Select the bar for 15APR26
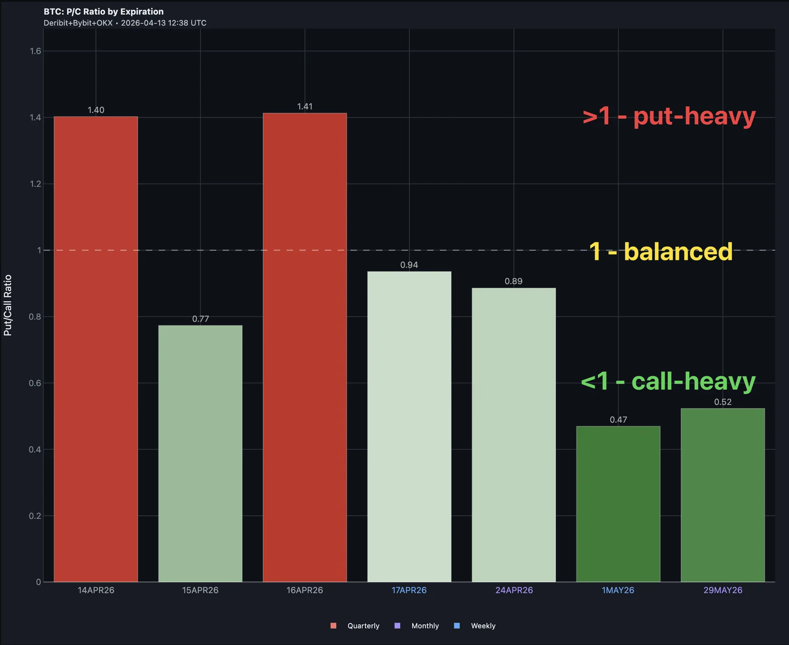click(200, 454)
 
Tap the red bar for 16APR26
click(305, 348)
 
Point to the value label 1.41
click(305, 107)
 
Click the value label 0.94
click(409, 265)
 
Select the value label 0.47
click(618, 420)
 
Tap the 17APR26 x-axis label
click(409, 590)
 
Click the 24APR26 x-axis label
click(514, 590)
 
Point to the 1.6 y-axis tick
click(36, 51)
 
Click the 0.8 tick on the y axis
click(35, 317)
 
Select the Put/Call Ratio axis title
click(7, 305)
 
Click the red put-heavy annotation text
click(669, 116)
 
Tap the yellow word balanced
click(678, 251)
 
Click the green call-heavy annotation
click(668, 381)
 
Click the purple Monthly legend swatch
click(397, 626)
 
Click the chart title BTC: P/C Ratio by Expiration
click(104, 11)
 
